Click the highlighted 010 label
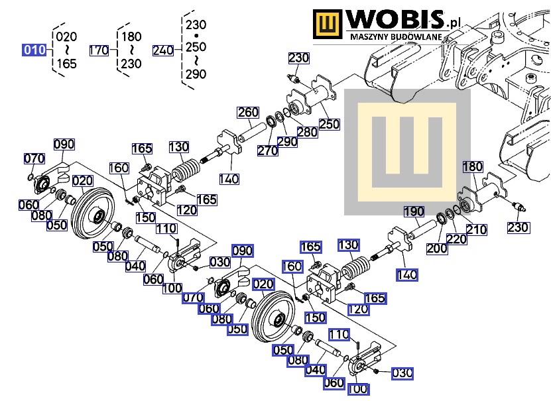pos(34,50)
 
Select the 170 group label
pos(99,50)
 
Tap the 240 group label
pos(163,50)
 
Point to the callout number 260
pos(248,113)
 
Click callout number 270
pos(267,150)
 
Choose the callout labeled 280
pos(308,132)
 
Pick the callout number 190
pos(414,211)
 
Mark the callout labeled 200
pos(437,249)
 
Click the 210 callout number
pos(477,229)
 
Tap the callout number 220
pos(456,239)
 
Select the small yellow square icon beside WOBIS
pos(327,24)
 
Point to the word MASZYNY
pos(368,36)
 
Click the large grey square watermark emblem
pos(407,152)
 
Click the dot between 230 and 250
pos(196,36)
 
